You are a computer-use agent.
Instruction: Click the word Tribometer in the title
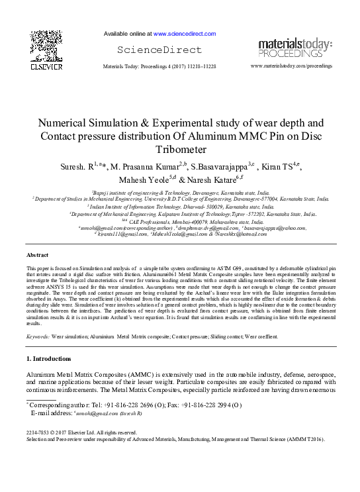tap(180, 149)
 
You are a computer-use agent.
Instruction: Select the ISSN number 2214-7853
tap(39, 432)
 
